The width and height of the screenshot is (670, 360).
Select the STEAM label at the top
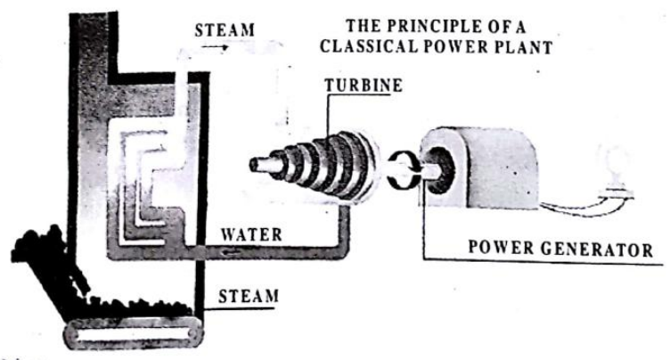click(x=224, y=30)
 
